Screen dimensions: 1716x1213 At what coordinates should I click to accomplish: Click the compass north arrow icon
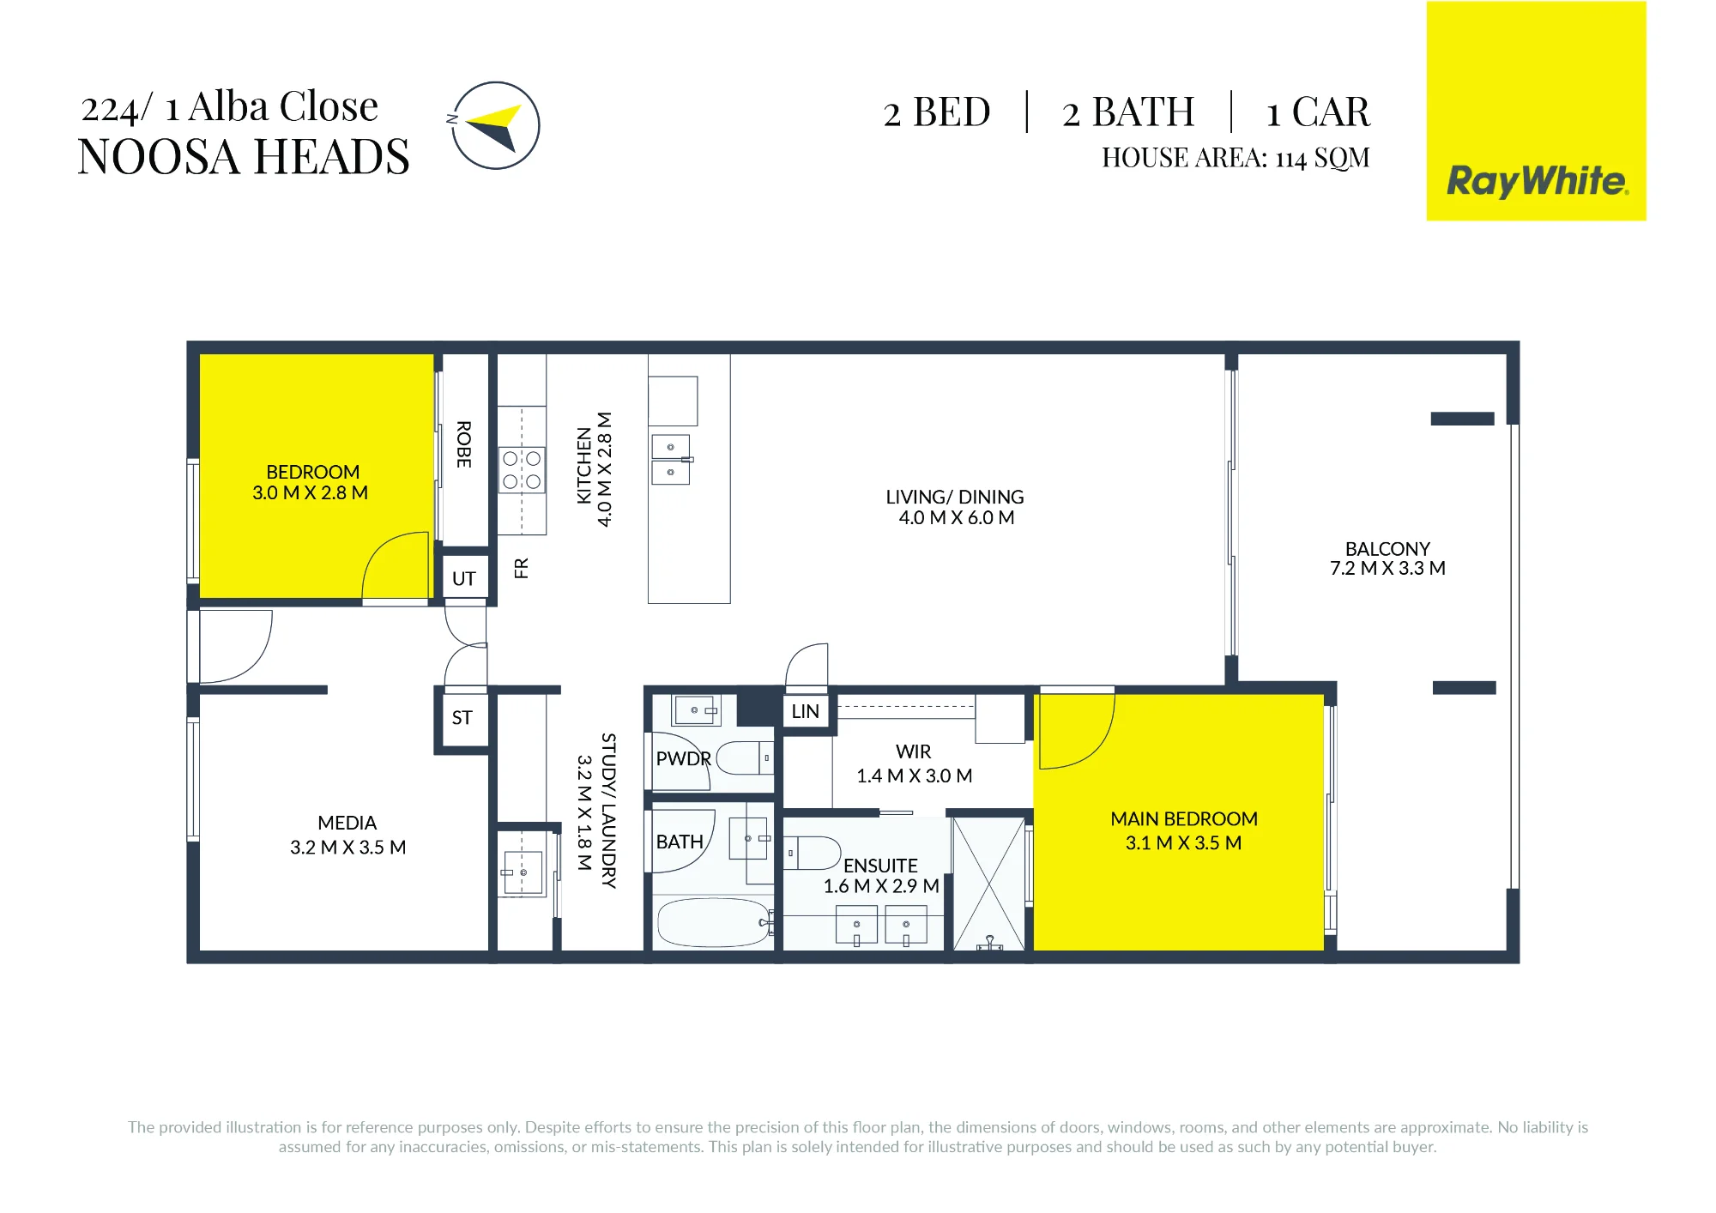pyautogui.click(x=496, y=125)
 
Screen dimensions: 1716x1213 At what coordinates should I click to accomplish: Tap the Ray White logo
pyautogui.click(x=1536, y=181)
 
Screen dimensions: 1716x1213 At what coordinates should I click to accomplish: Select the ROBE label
pyautogui.click(x=464, y=444)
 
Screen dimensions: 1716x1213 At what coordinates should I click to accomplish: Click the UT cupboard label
pyautogui.click(x=464, y=578)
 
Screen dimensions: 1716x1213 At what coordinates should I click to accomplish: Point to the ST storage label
pyautogui.click(x=462, y=717)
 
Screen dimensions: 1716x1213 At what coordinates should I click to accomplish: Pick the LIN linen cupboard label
pyautogui.click(x=806, y=711)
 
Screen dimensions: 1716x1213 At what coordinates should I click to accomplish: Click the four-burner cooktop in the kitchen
pyautogui.click(x=523, y=470)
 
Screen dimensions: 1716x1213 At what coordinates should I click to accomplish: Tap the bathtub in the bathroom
pyautogui.click(x=715, y=922)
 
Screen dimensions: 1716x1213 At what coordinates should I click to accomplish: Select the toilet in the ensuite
pyautogui.click(x=813, y=854)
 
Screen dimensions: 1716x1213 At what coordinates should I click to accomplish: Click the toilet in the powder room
pyautogui.click(x=745, y=758)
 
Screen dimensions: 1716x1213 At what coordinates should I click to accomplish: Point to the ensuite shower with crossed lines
pyautogui.click(x=989, y=884)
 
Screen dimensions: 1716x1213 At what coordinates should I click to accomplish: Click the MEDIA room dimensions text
pyautogui.click(x=348, y=848)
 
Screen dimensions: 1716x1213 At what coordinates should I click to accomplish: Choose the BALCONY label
pyautogui.click(x=1388, y=548)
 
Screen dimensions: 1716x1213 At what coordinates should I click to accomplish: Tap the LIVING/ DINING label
pyautogui.click(x=955, y=497)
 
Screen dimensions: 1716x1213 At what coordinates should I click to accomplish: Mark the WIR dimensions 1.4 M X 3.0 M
pyautogui.click(x=915, y=775)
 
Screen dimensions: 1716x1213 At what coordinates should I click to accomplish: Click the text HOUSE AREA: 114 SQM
pyautogui.click(x=1236, y=158)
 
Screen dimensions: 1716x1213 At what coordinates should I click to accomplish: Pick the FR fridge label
pyautogui.click(x=522, y=568)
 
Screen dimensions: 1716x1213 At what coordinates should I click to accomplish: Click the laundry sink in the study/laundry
pyautogui.click(x=523, y=873)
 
